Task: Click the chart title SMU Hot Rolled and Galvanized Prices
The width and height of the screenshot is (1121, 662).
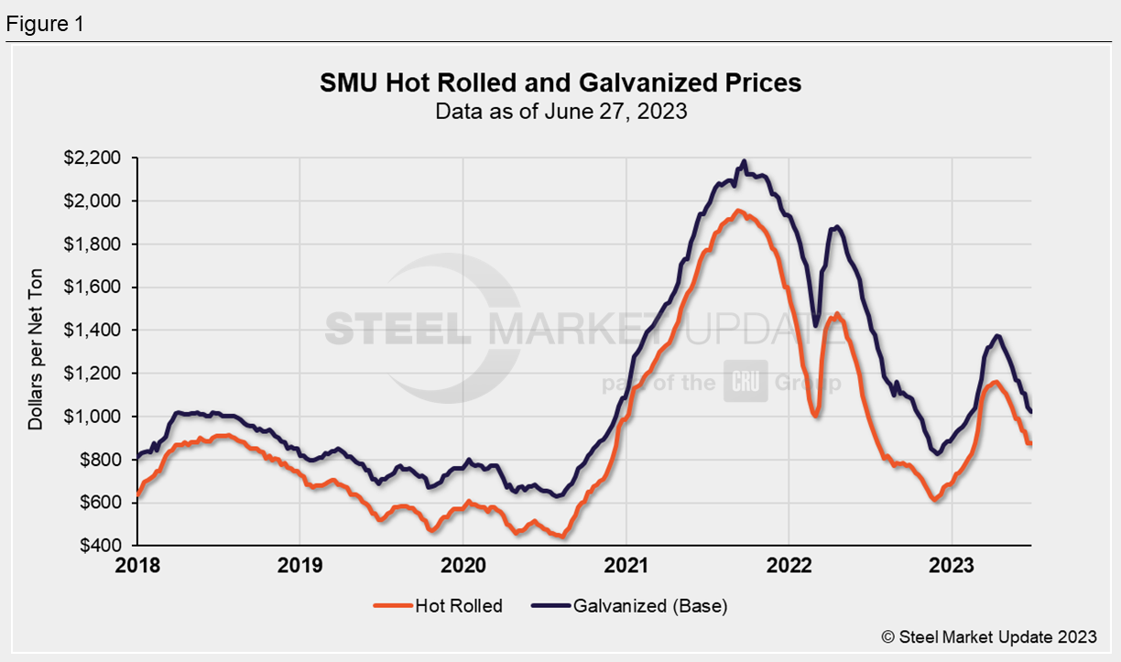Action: pyautogui.click(x=560, y=83)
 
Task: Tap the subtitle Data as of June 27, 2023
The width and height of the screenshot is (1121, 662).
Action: pyautogui.click(x=560, y=113)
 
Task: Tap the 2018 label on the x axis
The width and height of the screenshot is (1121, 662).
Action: pyautogui.click(x=137, y=565)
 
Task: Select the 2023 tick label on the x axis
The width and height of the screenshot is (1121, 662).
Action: pyautogui.click(x=952, y=565)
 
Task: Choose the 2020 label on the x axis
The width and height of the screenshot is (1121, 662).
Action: pyautogui.click(x=463, y=565)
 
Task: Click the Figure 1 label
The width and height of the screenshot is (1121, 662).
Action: pyautogui.click(x=45, y=25)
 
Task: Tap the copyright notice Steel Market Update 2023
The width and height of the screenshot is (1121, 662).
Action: pyautogui.click(x=988, y=636)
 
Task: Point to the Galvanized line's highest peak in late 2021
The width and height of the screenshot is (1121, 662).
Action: pyautogui.click(x=744, y=162)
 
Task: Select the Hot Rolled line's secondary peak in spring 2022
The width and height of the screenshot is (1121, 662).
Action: pyautogui.click(x=835, y=314)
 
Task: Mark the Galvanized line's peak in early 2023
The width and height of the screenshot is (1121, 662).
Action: pyautogui.click(x=997, y=336)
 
